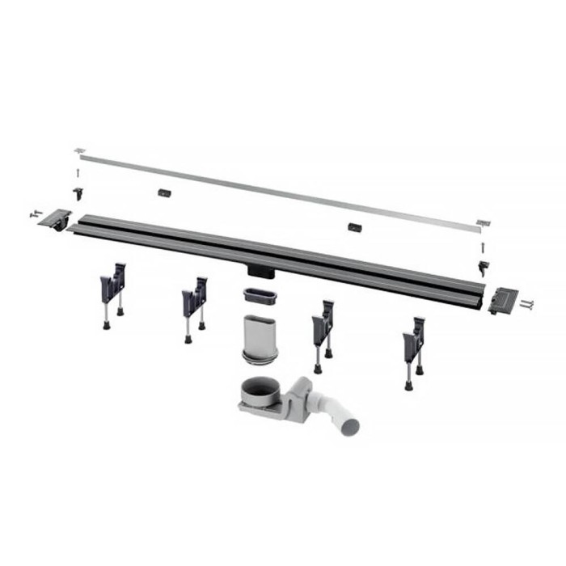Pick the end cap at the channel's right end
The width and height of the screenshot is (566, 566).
(x=504, y=301)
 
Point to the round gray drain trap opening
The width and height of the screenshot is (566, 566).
(x=265, y=387)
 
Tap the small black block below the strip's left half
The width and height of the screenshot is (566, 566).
(x=165, y=194)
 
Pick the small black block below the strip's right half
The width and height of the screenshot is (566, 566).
(x=354, y=227)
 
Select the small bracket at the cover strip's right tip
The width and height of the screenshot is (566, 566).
(x=483, y=223)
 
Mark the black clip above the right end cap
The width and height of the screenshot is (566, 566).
(x=483, y=268)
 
